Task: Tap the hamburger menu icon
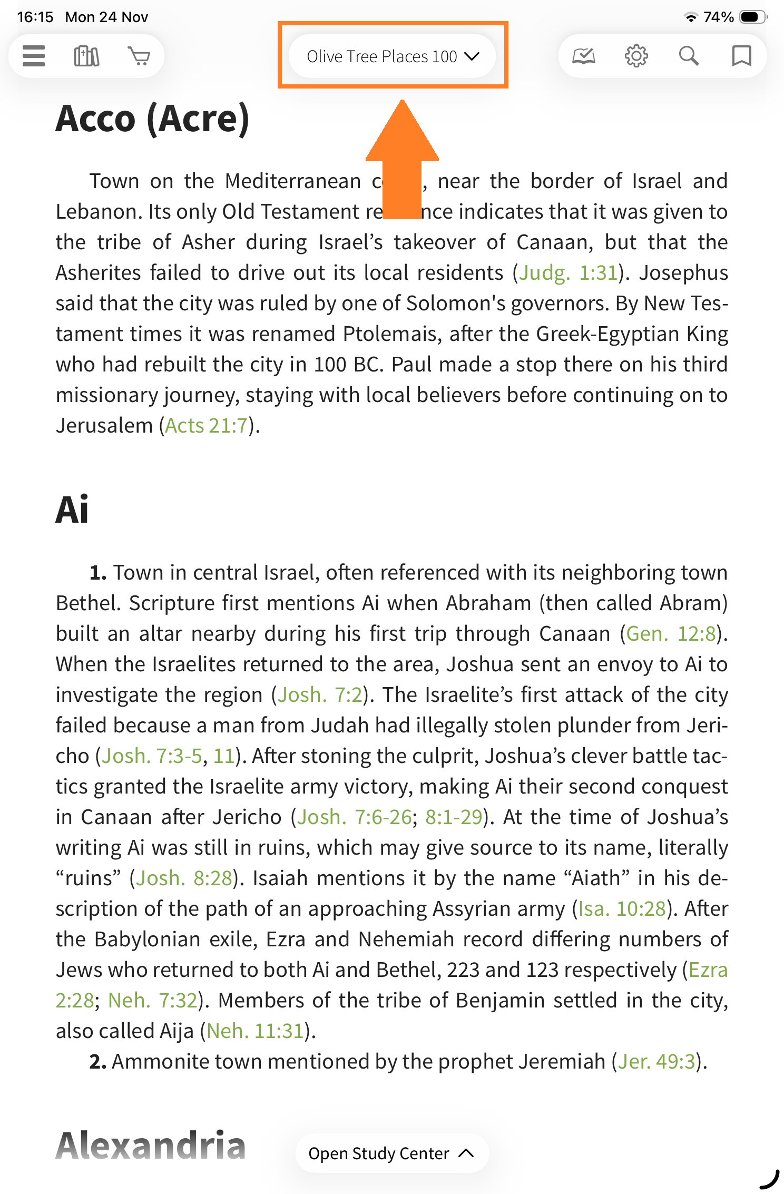tap(34, 56)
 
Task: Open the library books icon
tap(86, 56)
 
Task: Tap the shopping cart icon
tap(139, 56)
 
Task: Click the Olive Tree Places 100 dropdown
tap(393, 56)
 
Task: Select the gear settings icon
tap(636, 56)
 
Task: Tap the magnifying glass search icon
tap(689, 56)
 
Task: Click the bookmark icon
tap(741, 56)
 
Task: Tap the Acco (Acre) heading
tap(152, 119)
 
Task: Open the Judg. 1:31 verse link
tap(568, 273)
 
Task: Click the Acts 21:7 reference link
tap(206, 426)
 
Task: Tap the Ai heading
tap(72, 510)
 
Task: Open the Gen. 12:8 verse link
tap(671, 634)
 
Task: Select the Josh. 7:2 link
tap(320, 695)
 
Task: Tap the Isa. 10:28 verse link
tap(622, 909)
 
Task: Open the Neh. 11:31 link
tap(255, 1031)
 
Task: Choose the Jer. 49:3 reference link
tap(656, 1062)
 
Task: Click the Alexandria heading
tap(151, 1146)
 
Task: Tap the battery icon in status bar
tap(752, 17)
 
